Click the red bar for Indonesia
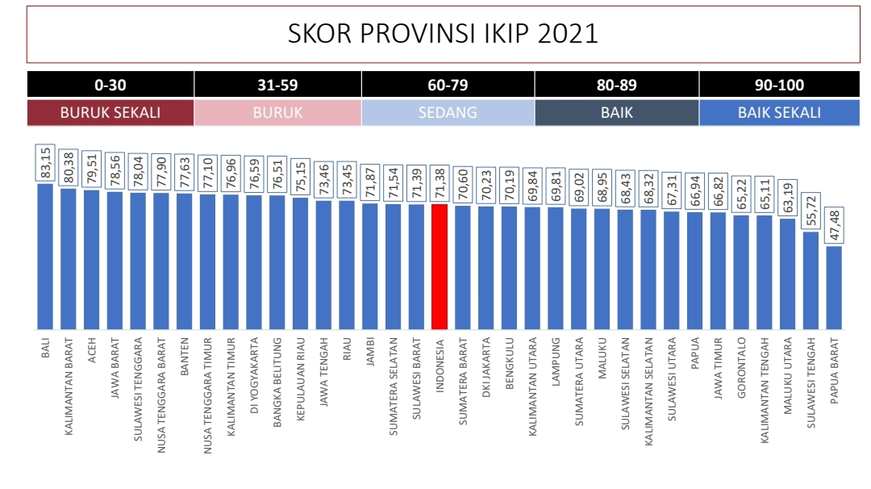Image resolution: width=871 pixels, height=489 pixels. coord(440,266)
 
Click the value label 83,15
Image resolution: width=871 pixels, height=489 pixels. coord(45,163)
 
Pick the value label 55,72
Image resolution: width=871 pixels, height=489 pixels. coord(811,212)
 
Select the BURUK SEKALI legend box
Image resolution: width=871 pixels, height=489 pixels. coord(110,113)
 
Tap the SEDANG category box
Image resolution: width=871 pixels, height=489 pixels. coord(448,113)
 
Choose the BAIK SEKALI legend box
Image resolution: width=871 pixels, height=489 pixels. coord(779,113)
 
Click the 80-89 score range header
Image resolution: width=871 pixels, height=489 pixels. coord(617,85)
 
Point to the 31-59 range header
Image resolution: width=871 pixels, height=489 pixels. coord(278,85)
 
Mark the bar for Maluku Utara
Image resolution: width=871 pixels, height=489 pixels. coord(788,274)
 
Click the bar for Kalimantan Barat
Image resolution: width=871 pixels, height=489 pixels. coord(69,259)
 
